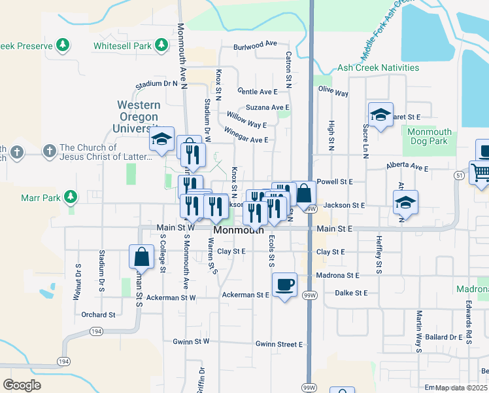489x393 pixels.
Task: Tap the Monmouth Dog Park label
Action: click(x=428, y=136)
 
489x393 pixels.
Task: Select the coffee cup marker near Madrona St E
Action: click(x=284, y=285)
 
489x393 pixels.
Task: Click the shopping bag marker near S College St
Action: click(x=141, y=257)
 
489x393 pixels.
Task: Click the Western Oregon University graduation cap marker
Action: click(x=161, y=139)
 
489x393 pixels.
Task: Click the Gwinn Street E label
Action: click(x=279, y=344)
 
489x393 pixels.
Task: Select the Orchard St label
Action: click(x=98, y=314)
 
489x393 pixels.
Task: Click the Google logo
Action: click(x=22, y=385)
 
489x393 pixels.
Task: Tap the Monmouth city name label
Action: click(x=239, y=231)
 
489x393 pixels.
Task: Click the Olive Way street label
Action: click(x=333, y=92)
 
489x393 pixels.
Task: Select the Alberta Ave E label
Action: click(x=407, y=168)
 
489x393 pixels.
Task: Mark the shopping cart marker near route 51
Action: click(x=481, y=173)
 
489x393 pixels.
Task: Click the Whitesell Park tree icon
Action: click(x=160, y=45)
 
